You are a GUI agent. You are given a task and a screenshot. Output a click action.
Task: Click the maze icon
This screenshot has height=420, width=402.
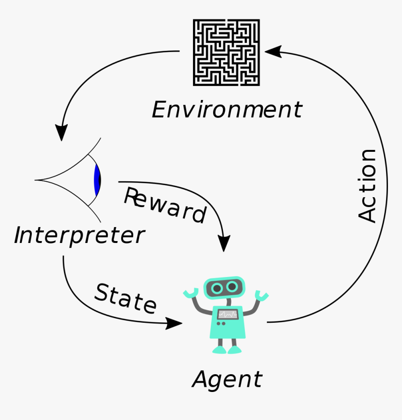coord(226,52)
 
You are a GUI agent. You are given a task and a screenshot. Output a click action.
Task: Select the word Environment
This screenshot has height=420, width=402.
coord(227,110)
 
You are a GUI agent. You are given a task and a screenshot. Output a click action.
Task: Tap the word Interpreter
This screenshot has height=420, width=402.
coord(79,235)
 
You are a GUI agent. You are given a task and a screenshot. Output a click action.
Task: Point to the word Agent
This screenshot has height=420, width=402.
coord(227,379)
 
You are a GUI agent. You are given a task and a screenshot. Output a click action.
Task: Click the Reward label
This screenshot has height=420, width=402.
coord(165,206)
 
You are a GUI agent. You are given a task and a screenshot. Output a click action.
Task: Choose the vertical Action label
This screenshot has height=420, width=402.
coord(367,185)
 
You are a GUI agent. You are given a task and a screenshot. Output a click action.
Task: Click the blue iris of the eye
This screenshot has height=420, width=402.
coord(97,180)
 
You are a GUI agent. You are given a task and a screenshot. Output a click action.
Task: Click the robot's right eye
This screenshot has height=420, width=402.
coord(232,287)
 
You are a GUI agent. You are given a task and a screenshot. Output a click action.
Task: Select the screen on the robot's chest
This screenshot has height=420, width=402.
coord(227,314)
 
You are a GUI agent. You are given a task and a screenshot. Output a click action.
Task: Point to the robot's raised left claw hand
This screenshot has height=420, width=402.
coord(190,293)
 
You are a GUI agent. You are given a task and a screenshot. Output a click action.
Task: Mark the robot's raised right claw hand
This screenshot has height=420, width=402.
coord(261,295)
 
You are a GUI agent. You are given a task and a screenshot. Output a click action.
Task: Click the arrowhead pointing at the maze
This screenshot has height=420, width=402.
coord(273,51)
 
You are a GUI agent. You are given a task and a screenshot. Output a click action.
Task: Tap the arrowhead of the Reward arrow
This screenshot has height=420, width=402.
coord(224,243)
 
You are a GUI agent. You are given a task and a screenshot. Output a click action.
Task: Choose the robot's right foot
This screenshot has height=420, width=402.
coord(235,349)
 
